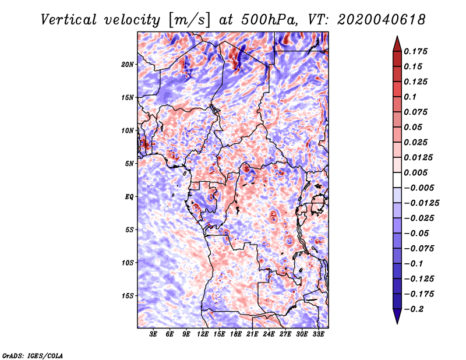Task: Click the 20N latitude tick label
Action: [128, 65]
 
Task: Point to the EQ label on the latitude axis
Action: [129, 197]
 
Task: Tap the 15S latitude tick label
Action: [128, 296]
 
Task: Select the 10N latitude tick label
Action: [128, 130]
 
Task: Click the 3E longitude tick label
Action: [153, 334]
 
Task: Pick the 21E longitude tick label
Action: [252, 334]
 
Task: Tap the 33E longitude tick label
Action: [318, 334]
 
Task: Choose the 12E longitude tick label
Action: [203, 334]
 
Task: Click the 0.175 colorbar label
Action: [416, 51]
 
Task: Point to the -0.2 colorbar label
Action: [414, 309]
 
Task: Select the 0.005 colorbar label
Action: [416, 172]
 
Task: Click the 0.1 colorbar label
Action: [410, 97]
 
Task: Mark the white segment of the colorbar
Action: [397, 180]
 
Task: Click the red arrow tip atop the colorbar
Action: [397, 37]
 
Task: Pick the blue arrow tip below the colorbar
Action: [397, 323]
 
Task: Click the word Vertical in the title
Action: [69, 20]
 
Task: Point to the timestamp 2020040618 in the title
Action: [382, 20]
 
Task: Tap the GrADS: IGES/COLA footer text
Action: [33, 355]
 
